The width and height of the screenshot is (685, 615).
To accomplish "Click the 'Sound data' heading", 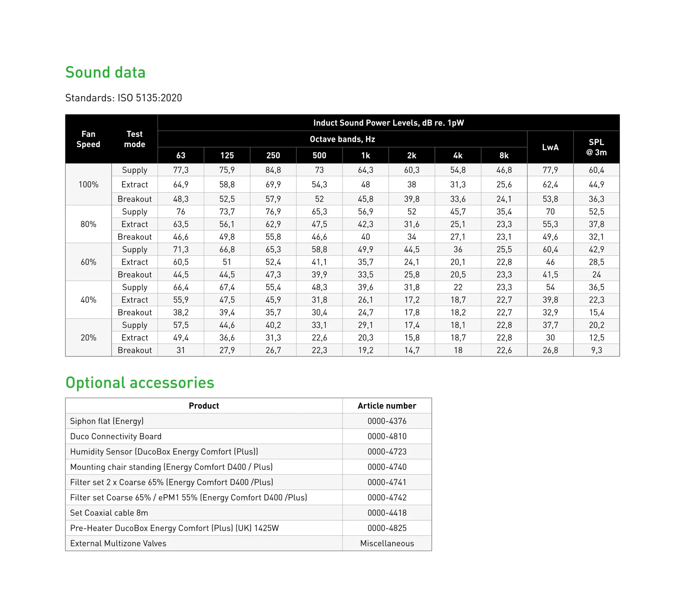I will [105, 72].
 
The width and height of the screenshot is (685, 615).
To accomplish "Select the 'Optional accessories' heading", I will [139, 382].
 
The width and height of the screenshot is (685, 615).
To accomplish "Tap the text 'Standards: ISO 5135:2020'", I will [123, 98].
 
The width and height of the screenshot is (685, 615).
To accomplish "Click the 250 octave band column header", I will [273, 155].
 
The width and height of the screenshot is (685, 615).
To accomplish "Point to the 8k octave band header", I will [504, 155].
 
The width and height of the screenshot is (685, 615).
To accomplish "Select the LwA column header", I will [550, 147].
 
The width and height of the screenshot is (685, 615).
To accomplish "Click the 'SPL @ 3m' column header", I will [596, 147].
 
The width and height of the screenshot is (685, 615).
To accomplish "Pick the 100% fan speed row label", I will [88, 184].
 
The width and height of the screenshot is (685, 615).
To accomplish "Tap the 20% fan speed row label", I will [88, 337].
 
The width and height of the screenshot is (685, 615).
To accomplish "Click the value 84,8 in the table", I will [273, 170].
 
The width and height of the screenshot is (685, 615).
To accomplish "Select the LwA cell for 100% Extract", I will [550, 184].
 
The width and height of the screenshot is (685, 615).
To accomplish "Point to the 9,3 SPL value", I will [596, 350].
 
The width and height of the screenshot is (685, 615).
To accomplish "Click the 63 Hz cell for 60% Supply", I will [181, 249].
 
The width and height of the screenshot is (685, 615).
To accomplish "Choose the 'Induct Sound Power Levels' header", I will [388, 123].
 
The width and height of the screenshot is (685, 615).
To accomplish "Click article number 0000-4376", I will [387, 421].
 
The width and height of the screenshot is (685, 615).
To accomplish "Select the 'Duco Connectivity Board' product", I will [116, 436].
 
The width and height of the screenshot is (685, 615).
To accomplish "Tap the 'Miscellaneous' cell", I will [387, 543].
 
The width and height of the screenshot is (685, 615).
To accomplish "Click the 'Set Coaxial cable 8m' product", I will [109, 513].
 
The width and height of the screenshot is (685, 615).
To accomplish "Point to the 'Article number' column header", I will [387, 406].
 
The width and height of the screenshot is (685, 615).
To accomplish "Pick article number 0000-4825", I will [387, 528].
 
